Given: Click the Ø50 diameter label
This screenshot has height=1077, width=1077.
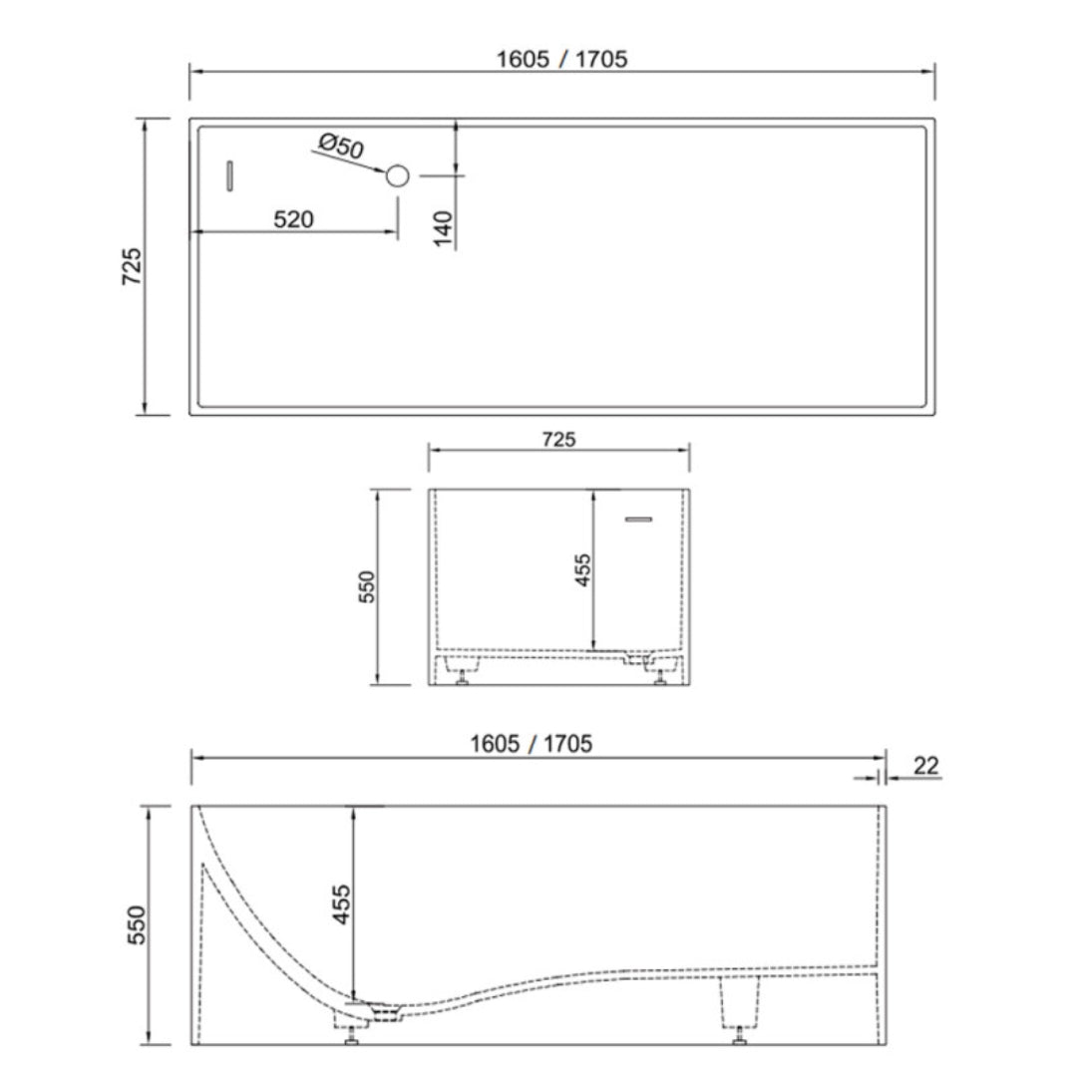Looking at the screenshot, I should [341, 148].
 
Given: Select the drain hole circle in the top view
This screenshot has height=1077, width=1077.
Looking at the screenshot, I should [397, 177].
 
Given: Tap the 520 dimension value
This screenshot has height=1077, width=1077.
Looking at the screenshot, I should [293, 219].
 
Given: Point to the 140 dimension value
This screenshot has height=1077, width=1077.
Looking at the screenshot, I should [445, 228].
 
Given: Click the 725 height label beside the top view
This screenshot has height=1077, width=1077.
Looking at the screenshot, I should [131, 266].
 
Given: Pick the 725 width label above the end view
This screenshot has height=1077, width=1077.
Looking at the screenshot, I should [557, 439].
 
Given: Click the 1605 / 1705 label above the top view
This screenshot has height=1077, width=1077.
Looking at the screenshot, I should [562, 59].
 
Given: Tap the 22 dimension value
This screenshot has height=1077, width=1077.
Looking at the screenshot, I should [926, 766].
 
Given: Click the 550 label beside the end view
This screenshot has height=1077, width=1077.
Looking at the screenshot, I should [365, 588].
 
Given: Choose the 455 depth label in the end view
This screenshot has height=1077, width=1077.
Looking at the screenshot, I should [583, 570].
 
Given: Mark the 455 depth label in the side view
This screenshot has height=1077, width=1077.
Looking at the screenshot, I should [341, 904].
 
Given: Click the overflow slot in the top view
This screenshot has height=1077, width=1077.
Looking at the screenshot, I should [228, 176].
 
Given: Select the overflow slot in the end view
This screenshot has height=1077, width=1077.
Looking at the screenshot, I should [638, 519].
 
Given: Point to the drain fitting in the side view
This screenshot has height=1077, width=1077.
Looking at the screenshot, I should [384, 1011].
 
